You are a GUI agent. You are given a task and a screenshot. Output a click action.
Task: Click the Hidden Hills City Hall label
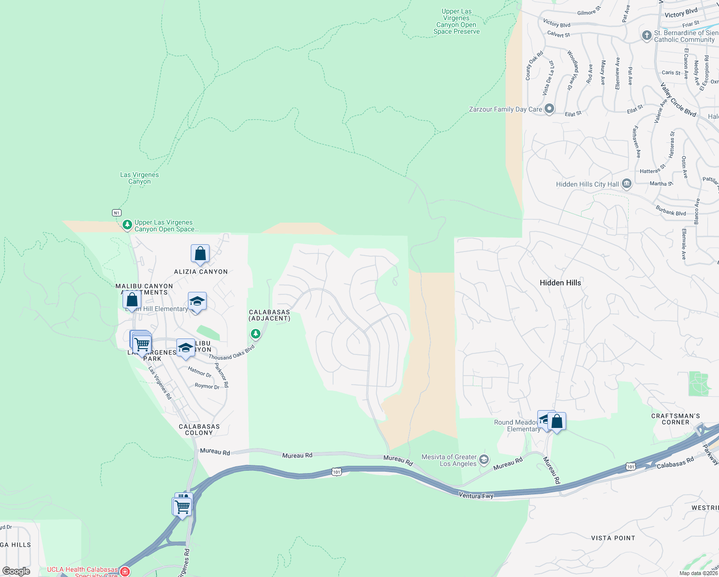(587, 184)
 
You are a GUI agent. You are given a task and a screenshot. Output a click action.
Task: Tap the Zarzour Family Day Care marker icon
(549, 109)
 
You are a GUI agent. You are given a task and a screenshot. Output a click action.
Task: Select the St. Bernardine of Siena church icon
(647, 36)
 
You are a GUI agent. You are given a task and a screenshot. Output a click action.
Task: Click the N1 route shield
(116, 213)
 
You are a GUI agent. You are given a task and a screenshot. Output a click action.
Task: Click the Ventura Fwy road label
(476, 495)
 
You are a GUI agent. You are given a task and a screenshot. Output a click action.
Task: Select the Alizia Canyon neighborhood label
(201, 272)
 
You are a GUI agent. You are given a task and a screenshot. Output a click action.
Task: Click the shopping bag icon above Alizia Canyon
(200, 253)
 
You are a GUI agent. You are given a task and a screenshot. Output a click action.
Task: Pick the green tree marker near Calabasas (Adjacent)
(256, 334)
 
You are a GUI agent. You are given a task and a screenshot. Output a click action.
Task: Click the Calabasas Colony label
(199, 429)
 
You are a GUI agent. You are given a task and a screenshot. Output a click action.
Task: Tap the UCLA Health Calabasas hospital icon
(125, 571)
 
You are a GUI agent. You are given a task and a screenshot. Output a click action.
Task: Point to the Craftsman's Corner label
(675, 419)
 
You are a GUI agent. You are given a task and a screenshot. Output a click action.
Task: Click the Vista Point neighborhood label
(613, 538)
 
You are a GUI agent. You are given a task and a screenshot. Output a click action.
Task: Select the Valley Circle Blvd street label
(678, 100)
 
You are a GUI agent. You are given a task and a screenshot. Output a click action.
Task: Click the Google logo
(16, 571)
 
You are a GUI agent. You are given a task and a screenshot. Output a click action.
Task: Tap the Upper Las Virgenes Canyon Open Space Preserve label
(456, 22)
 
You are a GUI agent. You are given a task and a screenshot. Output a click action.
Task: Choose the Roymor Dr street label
(207, 386)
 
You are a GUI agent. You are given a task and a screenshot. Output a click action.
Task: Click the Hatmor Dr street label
(199, 372)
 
